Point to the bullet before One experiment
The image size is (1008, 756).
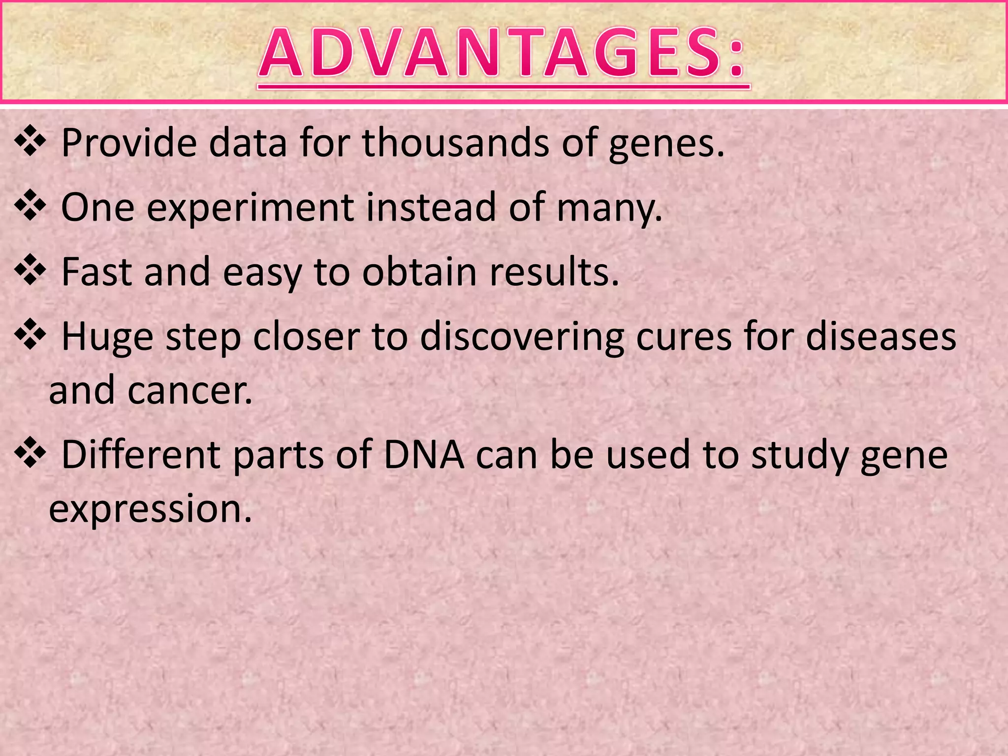point(31,206)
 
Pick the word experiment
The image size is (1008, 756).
point(250,208)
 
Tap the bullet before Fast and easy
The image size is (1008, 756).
point(31,270)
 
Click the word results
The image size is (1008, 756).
point(554,272)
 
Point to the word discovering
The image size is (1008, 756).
point(522,338)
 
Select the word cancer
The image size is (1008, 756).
point(190,390)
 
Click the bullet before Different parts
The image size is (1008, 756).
point(31,453)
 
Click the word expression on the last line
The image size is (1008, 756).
point(150,509)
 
